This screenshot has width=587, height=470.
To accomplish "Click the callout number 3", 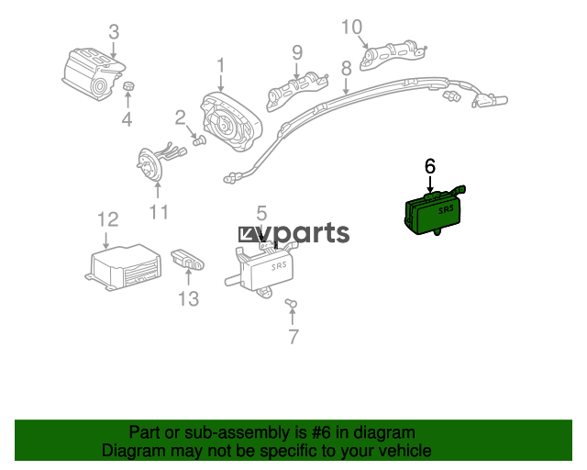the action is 114,32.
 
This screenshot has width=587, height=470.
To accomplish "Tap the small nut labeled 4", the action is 128,85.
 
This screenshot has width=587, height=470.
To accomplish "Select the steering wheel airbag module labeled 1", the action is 230,122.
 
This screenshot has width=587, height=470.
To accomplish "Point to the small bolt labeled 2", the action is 200,141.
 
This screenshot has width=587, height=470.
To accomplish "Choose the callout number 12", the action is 108,219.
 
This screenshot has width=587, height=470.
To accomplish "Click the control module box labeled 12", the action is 124,267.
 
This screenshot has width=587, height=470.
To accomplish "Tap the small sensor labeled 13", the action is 187,260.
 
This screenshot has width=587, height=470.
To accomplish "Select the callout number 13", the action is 188,298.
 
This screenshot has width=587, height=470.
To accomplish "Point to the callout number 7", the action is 293,337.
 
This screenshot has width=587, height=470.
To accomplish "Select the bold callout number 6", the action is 430,166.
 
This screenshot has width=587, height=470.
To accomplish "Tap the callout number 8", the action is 347,68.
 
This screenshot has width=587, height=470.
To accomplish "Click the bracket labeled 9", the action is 296,91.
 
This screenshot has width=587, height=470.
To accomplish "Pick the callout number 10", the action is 352,27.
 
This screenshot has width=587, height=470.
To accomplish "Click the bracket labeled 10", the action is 393,54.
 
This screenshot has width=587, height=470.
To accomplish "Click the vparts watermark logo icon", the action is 248,235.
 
